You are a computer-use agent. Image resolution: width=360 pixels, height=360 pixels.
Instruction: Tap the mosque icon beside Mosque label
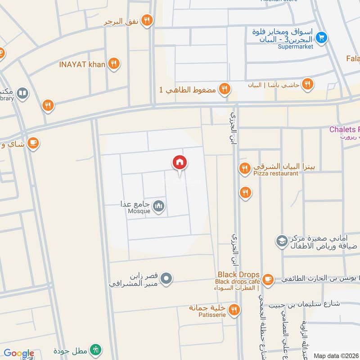click(158, 207)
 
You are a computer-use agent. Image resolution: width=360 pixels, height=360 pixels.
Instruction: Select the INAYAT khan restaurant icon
click(114, 64)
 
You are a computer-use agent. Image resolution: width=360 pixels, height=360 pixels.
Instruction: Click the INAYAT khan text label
click(82, 64)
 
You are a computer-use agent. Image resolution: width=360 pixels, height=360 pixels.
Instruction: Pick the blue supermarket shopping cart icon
click(321, 38)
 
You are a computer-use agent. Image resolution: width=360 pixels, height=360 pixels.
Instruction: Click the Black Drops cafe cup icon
click(268, 279)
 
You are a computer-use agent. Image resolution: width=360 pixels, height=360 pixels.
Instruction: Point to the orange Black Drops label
click(238, 274)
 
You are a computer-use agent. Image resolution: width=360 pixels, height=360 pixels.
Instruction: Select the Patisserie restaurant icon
click(234, 309)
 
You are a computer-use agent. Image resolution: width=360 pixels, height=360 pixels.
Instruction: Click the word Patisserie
click(212, 315)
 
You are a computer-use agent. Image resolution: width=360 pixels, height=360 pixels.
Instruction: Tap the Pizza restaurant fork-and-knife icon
click(245, 168)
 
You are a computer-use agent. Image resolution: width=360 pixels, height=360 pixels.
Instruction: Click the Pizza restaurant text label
click(275, 173)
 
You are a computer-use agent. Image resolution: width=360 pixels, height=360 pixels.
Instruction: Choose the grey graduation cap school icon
click(282, 241)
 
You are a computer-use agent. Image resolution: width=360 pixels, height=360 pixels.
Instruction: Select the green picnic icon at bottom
click(95, 350)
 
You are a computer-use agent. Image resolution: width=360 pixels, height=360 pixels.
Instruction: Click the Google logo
click(19, 353)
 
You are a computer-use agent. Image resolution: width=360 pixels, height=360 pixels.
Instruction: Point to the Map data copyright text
click(336, 355)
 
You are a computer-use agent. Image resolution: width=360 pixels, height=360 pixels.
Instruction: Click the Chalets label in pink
click(344, 130)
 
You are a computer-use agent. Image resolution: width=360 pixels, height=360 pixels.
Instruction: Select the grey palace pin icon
click(166, 279)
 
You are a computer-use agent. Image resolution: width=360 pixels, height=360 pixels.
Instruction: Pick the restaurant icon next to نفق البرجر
click(147, 21)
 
